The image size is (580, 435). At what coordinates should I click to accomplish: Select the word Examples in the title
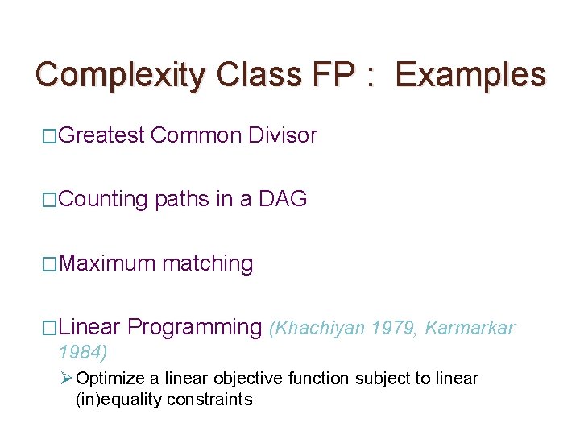click(471, 75)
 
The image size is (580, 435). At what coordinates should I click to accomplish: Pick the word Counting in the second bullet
click(103, 199)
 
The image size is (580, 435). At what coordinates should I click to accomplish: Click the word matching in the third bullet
click(208, 263)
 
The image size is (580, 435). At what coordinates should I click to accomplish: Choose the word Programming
click(195, 327)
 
